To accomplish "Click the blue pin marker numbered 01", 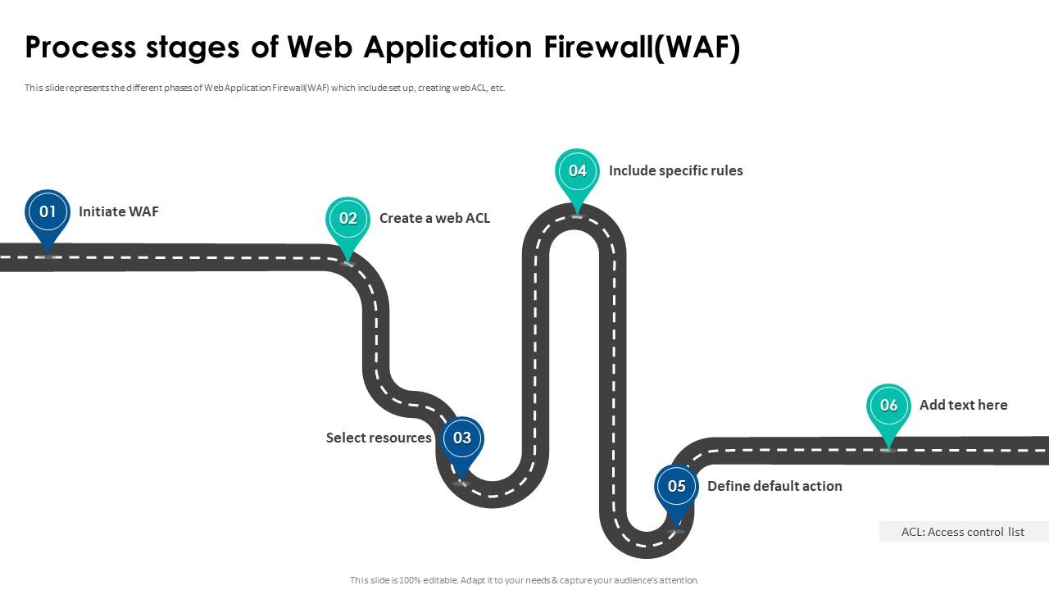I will pos(48,212).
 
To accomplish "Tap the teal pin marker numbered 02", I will pos(348,219).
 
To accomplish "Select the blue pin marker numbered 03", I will pos(462,438).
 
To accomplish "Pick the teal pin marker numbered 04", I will pos(578,171).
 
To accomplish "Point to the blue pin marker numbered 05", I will pos(676,487).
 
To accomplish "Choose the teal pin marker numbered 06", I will pos(888,406).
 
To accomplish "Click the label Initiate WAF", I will pos(119,211).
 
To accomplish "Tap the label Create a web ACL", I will pos(434,218).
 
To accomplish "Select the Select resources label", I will pos(379,438).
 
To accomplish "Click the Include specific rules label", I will pos(675,170).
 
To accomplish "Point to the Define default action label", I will pos(774,486).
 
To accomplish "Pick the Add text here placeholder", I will pos(963,405).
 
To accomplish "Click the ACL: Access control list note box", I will pos(963,532).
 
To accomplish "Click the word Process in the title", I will pos(79,48).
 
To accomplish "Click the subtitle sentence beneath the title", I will pos(265,88).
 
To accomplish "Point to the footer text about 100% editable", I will pos(524,580).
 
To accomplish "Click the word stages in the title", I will pos(193,48).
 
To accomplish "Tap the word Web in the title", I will pos(321,48).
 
